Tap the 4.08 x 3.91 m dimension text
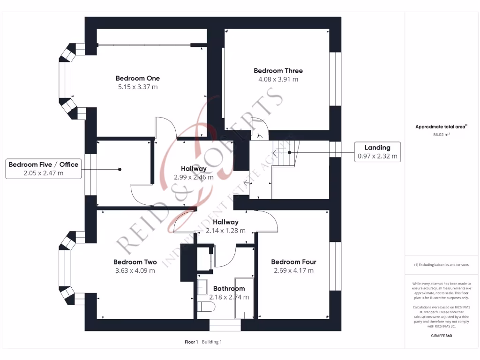(x=278, y=79)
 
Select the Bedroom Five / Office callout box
(x=44, y=168)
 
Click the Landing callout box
(x=377, y=152)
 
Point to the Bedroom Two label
(x=135, y=262)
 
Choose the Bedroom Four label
(x=293, y=262)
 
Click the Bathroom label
(x=229, y=289)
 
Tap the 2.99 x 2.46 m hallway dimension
(x=194, y=177)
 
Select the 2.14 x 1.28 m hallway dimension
(x=225, y=231)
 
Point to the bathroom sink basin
(x=203, y=286)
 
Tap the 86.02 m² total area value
(x=441, y=135)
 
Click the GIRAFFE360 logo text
(x=441, y=336)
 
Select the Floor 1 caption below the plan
(x=192, y=342)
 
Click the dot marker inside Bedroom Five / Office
(x=120, y=169)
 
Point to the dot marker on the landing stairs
(x=289, y=152)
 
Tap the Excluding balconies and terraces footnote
(x=441, y=265)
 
